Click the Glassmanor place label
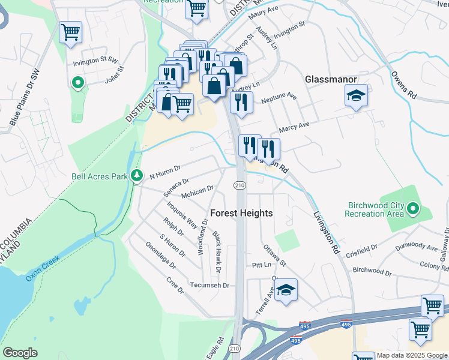click(331, 79)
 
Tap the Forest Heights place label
click(241, 214)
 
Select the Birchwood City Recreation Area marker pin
click(413, 209)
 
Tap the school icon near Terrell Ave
click(286, 290)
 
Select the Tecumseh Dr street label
click(210, 286)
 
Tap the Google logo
click(20, 353)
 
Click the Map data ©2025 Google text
click(411, 355)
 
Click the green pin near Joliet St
click(77, 83)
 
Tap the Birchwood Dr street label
click(372, 272)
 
